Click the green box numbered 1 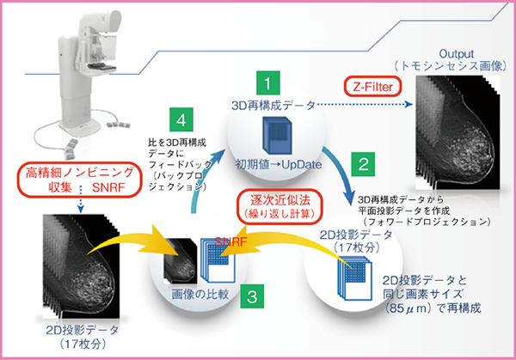click(269, 83)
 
